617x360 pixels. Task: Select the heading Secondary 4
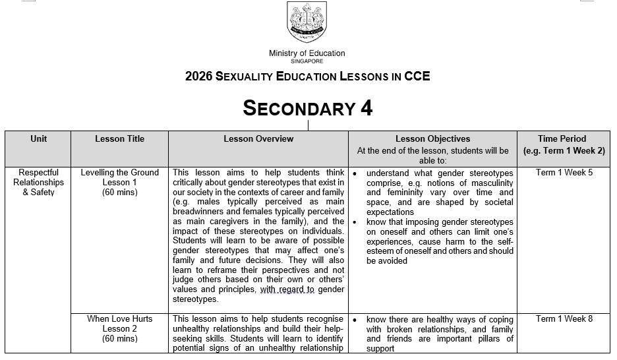point(308,107)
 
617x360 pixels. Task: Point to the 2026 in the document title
point(199,76)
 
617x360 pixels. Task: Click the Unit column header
point(39,139)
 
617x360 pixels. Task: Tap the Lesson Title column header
point(119,139)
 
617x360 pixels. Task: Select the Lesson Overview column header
point(258,139)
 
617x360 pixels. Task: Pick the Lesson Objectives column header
point(432,139)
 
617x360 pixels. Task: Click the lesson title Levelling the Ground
point(119,173)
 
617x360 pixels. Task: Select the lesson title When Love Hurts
point(119,319)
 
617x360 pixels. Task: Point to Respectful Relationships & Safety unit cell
point(39,183)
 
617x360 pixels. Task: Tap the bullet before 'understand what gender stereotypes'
point(355,173)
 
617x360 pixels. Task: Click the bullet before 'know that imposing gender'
point(355,223)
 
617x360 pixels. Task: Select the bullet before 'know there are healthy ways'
point(355,320)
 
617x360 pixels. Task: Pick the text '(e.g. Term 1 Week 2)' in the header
point(564,150)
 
